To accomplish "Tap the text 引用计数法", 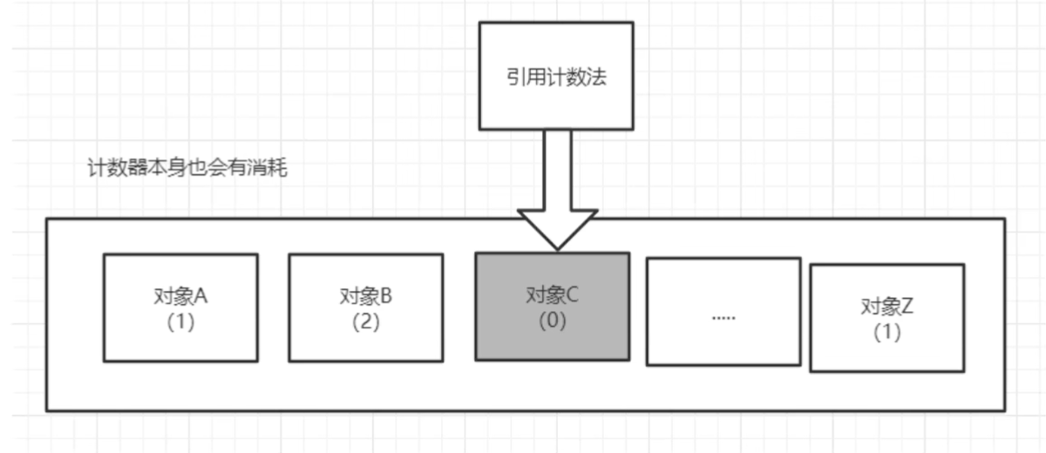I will coord(556,77).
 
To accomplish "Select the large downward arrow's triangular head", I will coord(557,228).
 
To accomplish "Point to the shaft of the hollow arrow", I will coord(557,170).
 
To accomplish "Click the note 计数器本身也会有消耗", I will coord(187,168).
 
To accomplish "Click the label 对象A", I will coord(180,296).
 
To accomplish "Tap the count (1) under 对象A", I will coord(180,321).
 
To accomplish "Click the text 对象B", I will coord(365,296).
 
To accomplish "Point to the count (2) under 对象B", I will coord(365,321).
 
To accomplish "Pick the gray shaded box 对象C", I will coord(552,340).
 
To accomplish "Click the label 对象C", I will coord(553,295).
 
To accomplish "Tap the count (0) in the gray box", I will coord(553,320).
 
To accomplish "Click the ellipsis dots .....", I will coord(723,317).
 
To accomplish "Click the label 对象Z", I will coord(886,307).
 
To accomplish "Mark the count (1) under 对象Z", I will coord(886,332).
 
